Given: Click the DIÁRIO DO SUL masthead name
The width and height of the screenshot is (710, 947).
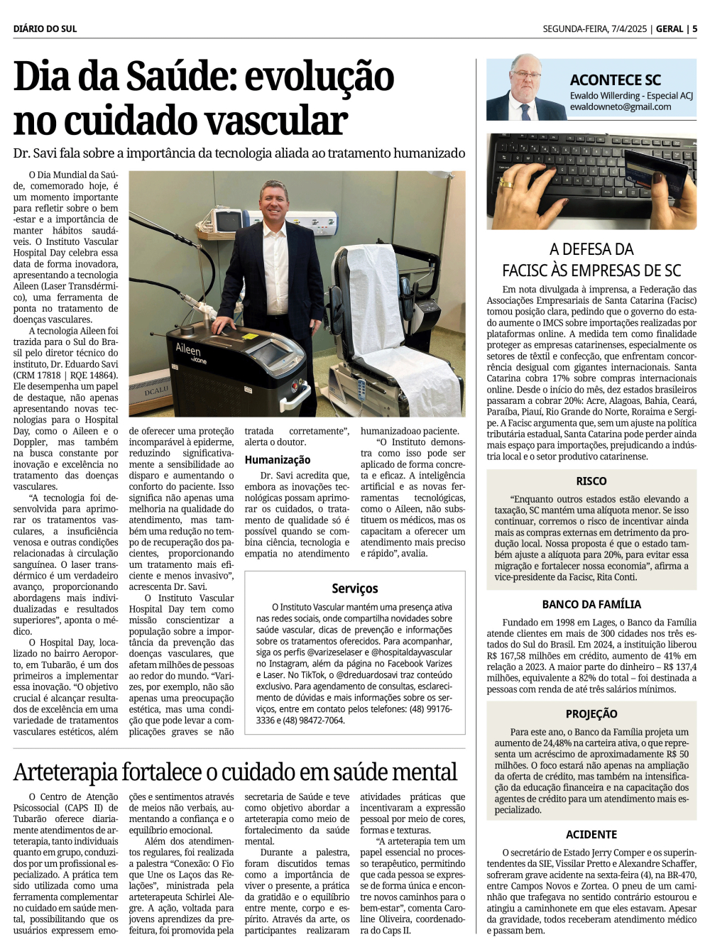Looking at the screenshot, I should click(45, 29).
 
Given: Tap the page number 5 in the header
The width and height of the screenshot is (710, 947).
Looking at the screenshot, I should click(694, 29).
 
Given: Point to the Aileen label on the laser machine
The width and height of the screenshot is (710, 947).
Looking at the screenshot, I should click(188, 349).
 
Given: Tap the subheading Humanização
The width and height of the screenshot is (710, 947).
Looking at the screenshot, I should click(277, 460).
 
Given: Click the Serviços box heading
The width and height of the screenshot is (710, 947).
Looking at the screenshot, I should click(354, 589).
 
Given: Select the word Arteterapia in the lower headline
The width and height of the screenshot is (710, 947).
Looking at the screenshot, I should click(65, 772).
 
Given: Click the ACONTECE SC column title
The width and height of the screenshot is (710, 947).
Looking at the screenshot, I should click(615, 80).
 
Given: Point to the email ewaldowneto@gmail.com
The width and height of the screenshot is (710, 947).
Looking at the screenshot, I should click(620, 107).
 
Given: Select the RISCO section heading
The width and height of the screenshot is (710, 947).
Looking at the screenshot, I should click(591, 481).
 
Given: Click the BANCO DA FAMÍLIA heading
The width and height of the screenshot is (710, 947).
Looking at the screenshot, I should click(591, 605).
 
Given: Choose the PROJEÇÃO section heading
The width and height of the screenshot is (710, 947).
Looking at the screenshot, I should click(591, 714).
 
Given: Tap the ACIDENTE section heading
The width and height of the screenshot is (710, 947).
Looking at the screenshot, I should click(591, 835).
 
